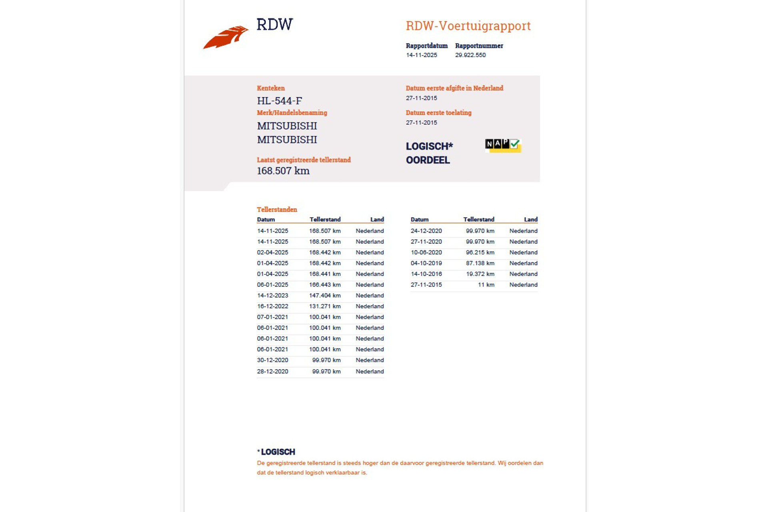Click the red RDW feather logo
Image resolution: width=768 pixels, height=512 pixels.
pos(226,38)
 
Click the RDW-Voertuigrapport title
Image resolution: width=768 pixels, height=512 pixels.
pos(468,26)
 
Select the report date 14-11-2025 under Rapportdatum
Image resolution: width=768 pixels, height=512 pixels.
pos(421,55)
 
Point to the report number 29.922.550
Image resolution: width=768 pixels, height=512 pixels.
pos(470,55)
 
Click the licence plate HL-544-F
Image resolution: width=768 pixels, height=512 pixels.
pos(279,101)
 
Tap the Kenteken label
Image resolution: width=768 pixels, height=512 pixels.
pos(271,88)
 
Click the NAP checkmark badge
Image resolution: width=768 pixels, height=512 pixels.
pos(503,145)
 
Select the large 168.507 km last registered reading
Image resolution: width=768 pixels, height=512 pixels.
pos(283,171)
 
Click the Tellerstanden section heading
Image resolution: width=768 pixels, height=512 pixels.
pos(277,210)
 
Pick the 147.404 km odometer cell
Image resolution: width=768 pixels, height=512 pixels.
pos(324,296)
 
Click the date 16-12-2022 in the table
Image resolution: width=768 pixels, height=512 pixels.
pos(272,306)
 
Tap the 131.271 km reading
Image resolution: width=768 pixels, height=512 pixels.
pos(324,306)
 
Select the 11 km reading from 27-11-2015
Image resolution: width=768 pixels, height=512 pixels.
pos(486,285)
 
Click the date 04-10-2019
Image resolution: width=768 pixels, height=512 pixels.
pos(426,263)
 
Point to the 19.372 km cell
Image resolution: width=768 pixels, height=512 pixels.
pos(480,274)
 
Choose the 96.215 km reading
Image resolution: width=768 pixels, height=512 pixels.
pos(480,252)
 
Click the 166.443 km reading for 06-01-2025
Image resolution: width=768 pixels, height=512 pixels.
pos(324,285)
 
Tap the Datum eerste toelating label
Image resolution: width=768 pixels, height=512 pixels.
pos(438,113)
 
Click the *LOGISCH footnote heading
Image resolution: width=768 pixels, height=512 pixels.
pos(276,452)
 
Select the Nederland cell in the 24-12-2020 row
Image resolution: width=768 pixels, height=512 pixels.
pos(523,231)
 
